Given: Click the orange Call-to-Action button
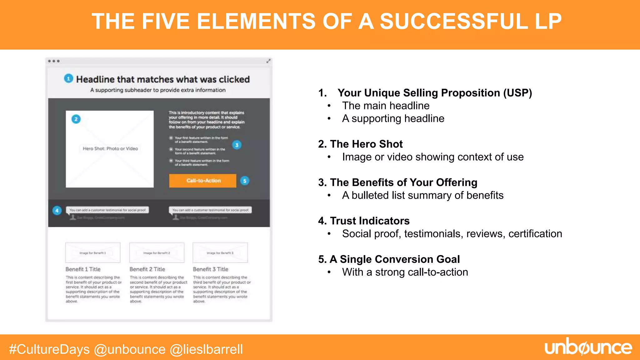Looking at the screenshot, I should pos(202,181).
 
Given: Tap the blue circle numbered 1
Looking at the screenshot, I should pos(68,78).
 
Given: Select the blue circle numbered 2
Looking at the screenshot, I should pos(76,119).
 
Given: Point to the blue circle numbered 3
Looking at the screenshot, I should pos(237,145).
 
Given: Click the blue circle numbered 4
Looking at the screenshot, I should pos(57,210).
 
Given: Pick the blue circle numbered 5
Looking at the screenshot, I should pos(245,181).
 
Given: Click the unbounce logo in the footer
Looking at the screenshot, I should pos(588,347).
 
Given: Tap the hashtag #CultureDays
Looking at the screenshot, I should pos(49,349).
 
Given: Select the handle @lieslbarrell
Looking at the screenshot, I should pos(206,349).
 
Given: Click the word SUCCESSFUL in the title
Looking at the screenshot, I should pos(454,21).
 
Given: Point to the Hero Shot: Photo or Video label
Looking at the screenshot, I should pos(110,148).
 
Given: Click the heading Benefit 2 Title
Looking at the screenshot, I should pos(147,269).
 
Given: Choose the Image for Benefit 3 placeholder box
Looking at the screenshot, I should pos(220,252).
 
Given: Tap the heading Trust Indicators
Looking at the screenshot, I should pos(369,221).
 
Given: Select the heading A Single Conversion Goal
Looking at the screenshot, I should pos(394,259).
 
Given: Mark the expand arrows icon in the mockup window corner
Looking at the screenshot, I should pos(268,61).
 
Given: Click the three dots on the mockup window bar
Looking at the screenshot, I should pos(54,61).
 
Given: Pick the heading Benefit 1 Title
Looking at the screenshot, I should pos(83,269).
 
